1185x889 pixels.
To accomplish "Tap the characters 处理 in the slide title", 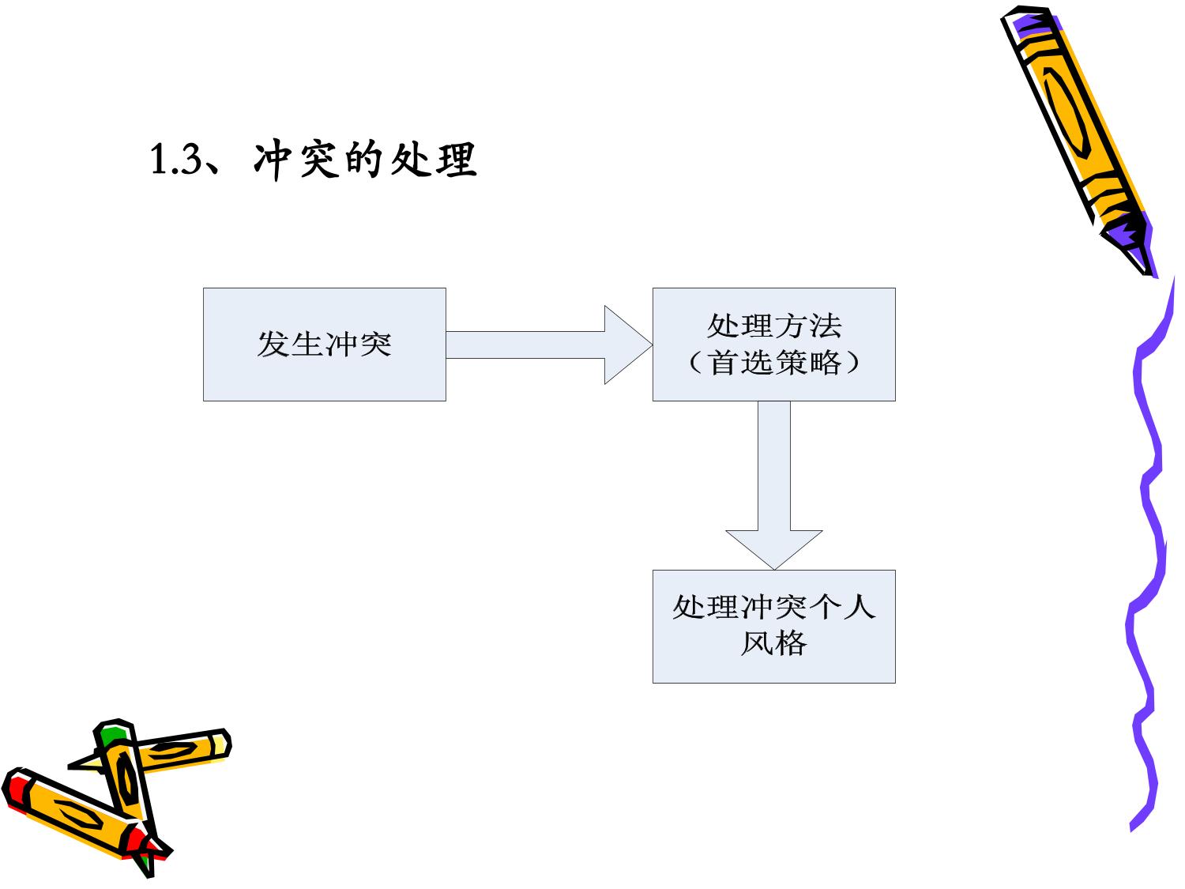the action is click(434, 160).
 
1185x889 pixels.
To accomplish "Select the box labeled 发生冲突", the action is click(325, 345).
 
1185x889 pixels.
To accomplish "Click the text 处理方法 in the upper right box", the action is click(774, 326).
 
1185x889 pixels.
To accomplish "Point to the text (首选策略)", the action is click(774, 362).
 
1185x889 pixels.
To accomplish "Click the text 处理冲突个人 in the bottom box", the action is click(774, 607).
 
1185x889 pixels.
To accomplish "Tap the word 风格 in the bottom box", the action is click(774, 643).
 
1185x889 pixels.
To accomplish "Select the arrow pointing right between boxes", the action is click(549, 345).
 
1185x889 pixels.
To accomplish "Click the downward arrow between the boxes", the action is click(774, 485).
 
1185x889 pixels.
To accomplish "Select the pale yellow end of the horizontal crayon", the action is click(220, 746).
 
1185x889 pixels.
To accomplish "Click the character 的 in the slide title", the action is click(364, 160).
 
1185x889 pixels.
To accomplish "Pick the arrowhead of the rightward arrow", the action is click(628, 345).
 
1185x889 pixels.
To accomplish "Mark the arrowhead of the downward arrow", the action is click(774, 550).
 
